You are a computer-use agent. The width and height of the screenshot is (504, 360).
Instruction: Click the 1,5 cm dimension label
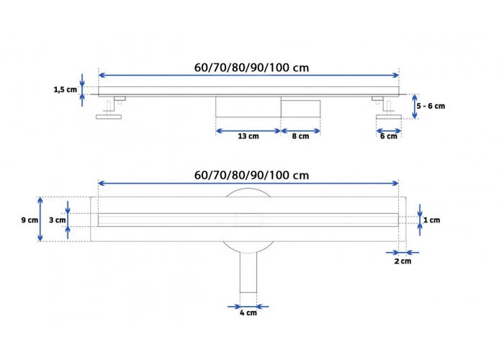(x=66, y=89)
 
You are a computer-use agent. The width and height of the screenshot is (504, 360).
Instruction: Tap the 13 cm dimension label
(x=248, y=136)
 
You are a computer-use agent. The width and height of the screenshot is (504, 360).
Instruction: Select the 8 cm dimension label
(x=300, y=136)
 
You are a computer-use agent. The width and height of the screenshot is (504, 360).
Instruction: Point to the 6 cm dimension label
(x=389, y=136)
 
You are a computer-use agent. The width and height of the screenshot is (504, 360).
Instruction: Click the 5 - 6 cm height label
(x=431, y=106)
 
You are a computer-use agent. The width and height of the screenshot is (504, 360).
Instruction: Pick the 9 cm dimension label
(x=30, y=220)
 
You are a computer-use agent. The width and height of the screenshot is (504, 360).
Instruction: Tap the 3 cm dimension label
(x=57, y=220)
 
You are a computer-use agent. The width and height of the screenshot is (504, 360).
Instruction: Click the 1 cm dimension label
(x=432, y=220)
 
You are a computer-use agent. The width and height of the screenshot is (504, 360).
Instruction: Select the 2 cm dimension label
(x=402, y=261)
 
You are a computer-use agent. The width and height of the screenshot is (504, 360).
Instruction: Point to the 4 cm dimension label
(x=248, y=312)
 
